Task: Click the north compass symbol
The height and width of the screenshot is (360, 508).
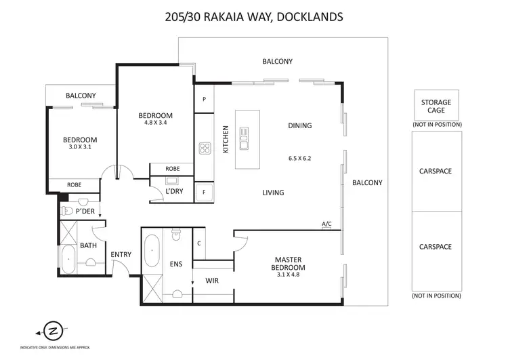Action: pos(51,331)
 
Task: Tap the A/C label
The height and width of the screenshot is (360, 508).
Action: pos(327,224)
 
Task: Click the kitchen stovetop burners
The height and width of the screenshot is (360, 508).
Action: pos(205,148)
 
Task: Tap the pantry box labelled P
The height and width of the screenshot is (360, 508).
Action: pos(204,99)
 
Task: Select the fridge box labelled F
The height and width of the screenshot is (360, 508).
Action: pos(204,193)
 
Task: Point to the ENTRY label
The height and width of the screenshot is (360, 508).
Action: pos(121,255)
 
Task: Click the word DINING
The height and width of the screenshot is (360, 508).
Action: pos(299,125)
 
